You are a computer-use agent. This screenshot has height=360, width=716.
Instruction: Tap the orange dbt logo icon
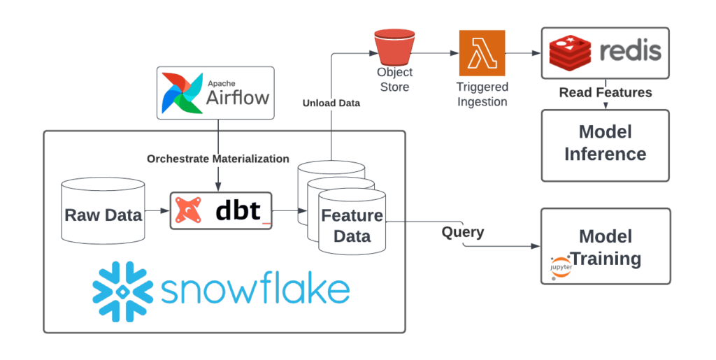[189, 210]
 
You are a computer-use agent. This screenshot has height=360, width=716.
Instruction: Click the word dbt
[238, 210]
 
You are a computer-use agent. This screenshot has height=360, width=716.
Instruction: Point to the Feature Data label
[352, 225]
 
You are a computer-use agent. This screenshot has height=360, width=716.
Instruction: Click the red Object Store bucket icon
[394, 46]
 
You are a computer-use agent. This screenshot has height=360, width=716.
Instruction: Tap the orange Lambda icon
[482, 52]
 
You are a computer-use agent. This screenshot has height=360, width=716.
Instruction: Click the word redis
[629, 52]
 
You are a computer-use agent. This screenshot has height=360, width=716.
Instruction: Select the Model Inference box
[605, 145]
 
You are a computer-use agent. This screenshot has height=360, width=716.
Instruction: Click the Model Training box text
[605, 247]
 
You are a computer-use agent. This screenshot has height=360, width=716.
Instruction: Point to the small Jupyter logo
[561, 268]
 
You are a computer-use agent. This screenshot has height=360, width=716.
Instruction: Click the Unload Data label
[331, 103]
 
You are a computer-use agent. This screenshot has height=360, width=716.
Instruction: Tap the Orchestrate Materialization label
[217, 159]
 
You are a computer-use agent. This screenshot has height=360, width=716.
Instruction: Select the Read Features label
[605, 92]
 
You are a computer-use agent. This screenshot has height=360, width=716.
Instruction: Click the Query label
[462, 231]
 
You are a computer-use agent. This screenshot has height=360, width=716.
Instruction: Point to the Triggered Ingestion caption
[482, 94]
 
